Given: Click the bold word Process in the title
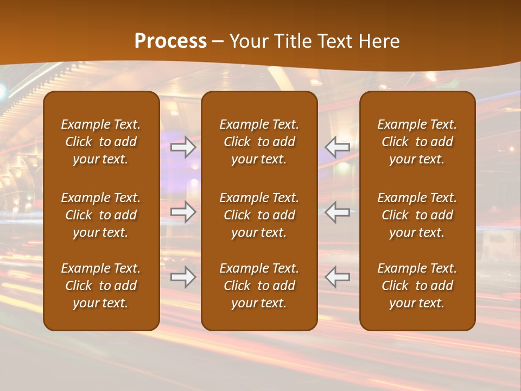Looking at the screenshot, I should coord(170,41).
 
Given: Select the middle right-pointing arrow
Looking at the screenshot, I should coord(183,212).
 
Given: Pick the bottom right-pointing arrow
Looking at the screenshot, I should coord(183,277).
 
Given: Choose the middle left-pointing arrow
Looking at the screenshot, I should coord(337,212).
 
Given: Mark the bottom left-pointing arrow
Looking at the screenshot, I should coord(337,277).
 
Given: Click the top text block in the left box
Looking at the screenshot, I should coord(101,142).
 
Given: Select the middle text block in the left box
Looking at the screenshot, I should coord(101,215).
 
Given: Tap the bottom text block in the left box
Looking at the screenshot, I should coord(101,286).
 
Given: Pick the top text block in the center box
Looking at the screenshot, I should coord(259,142).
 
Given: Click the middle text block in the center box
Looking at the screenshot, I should coord(259,215).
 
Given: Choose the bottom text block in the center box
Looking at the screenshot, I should coord(259,286).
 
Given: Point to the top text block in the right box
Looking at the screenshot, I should coord(417,142).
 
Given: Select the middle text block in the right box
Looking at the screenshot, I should coord(417,215).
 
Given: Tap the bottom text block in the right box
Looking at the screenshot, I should coord(417,286).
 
